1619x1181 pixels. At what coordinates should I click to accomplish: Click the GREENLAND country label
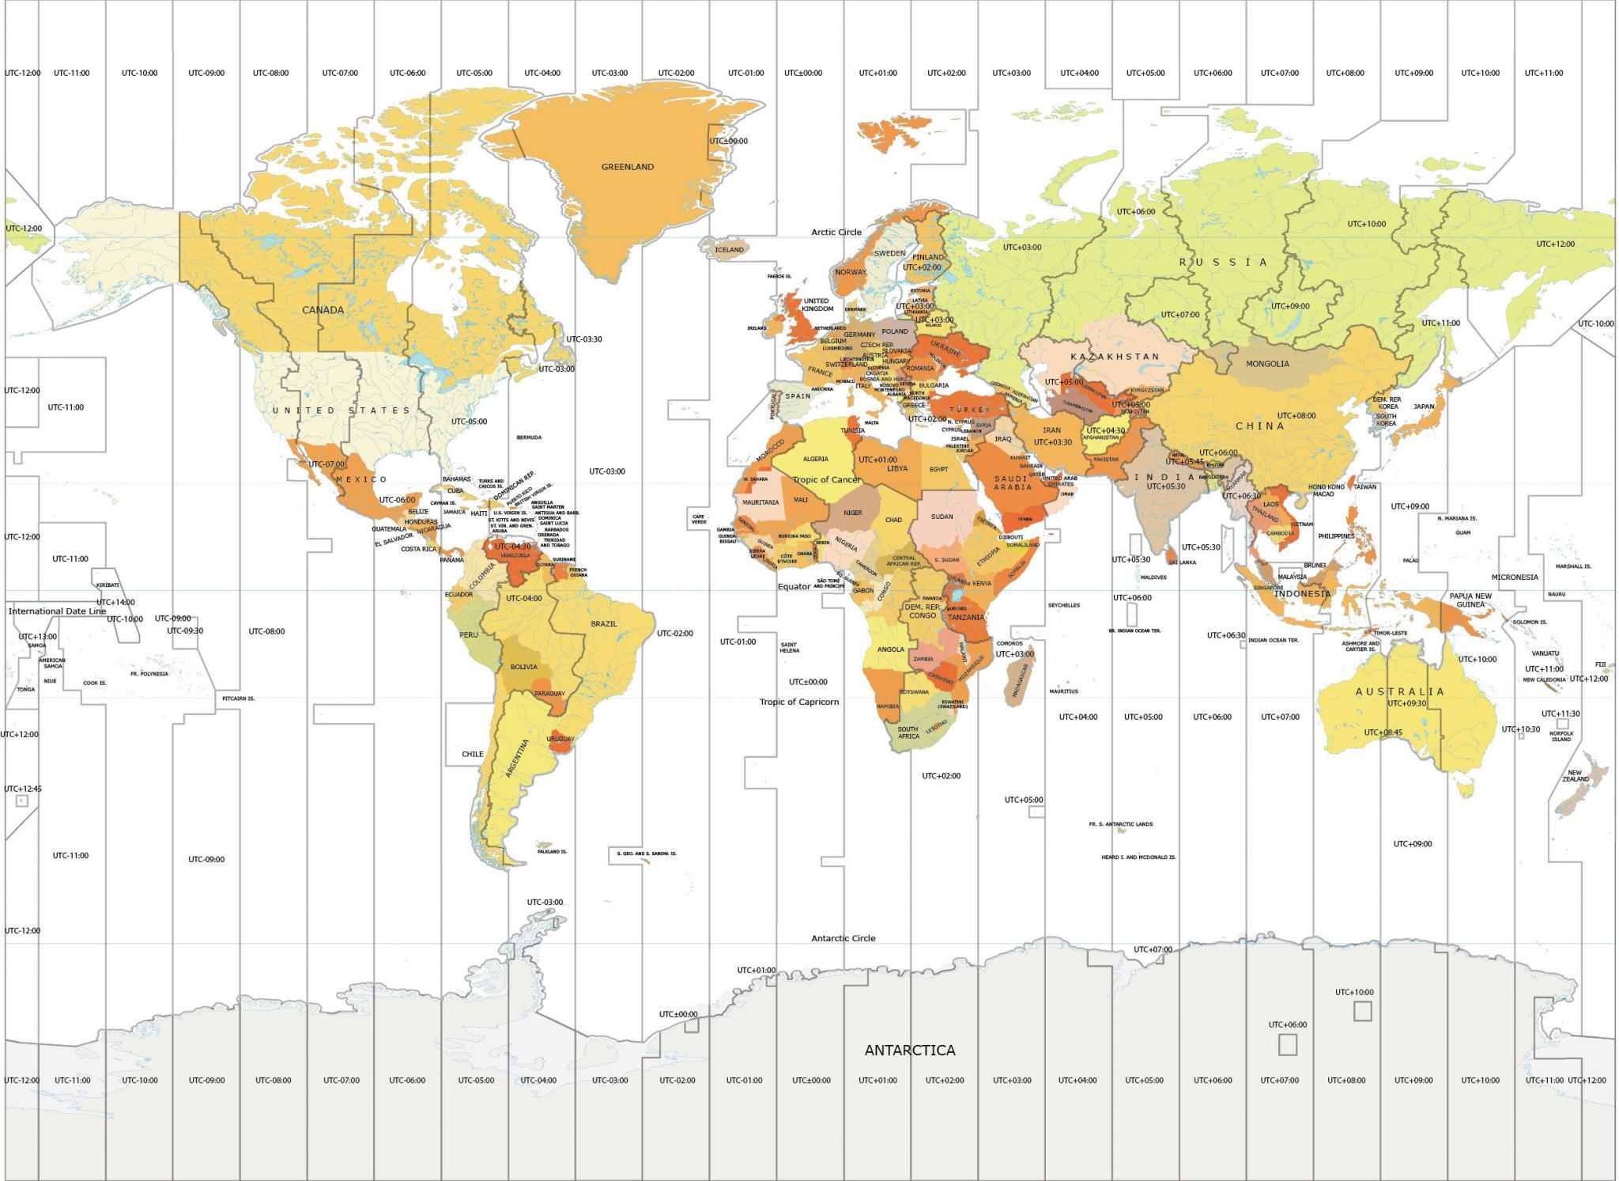coord(628,167)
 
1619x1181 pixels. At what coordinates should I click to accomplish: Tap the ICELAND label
coord(729,250)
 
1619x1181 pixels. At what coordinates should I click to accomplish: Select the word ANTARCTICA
coord(909,1050)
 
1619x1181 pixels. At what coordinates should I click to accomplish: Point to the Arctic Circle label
coord(836,233)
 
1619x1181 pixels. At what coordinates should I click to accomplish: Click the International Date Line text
coord(57,611)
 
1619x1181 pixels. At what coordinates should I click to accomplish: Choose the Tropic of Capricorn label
coord(799,702)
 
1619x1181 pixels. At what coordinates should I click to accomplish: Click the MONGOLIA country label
coord(1267,364)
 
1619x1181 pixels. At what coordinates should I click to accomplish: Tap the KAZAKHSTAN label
coord(1115,357)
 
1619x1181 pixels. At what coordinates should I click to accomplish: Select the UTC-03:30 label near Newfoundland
coord(583,339)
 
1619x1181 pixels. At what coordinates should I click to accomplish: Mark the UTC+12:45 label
coord(23,789)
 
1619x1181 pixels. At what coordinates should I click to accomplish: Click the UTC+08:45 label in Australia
coord(1383,732)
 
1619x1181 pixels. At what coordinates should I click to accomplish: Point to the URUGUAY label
coord(560,740)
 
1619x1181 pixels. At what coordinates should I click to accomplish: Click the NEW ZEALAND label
coord(1575,776)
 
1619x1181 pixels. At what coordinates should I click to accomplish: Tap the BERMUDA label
coord(529,437)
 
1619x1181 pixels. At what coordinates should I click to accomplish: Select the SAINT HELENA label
coord(789,647)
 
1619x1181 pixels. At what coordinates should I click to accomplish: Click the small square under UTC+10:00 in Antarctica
coord(1362,1011)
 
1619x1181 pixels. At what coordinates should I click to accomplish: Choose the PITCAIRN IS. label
coord(239,698)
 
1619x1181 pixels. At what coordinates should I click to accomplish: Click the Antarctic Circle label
coord(843,938)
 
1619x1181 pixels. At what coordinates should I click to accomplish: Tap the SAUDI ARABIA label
coord(1013,483)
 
